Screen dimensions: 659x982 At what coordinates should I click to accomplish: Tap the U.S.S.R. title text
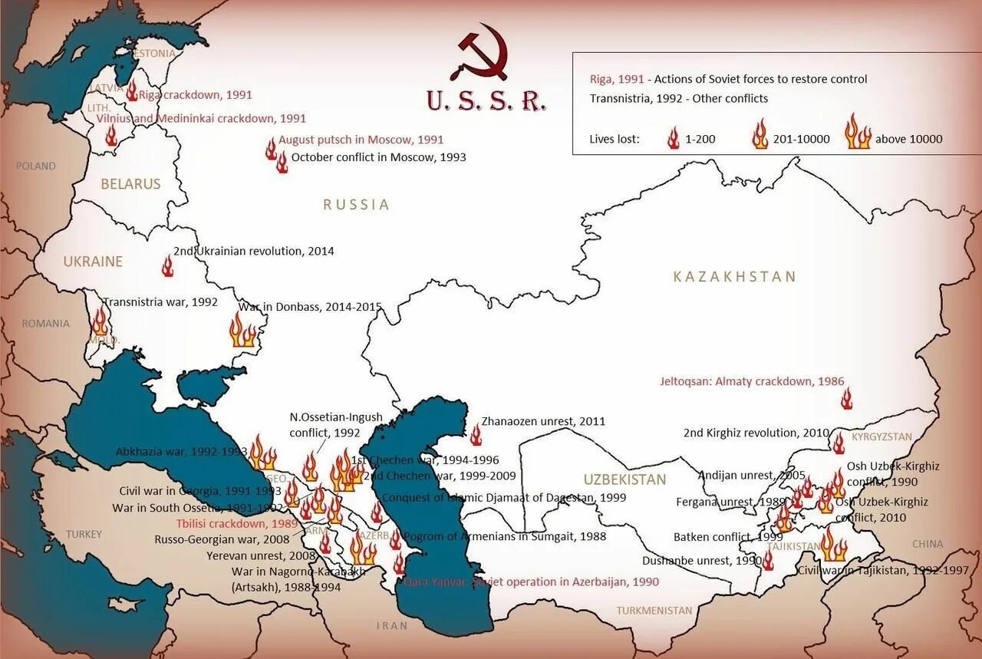coord(486,100)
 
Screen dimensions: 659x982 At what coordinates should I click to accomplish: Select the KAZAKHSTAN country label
coord(734,276)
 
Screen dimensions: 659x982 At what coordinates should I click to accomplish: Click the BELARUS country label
coord(130,184)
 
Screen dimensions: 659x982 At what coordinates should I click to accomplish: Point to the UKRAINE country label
coord(93,262)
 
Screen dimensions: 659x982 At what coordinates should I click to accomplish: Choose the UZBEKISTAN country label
coord(624,479)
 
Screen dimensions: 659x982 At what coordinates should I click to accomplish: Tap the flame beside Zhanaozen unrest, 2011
coord(476,435)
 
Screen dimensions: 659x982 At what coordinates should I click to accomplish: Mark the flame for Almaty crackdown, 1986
coord(846,398)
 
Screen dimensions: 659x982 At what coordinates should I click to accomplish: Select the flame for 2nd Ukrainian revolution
coord(167,266)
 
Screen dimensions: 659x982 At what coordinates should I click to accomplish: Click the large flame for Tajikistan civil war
coord(832,545)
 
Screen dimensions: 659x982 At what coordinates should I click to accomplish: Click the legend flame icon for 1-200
coord(673,138)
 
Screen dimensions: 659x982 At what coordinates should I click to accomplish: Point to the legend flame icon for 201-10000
coord(760,134)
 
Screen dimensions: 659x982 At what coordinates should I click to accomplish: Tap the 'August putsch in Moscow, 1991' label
coord(361,140)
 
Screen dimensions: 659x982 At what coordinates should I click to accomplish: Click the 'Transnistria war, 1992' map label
coord(160,301)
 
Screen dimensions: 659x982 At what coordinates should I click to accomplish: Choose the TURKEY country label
coord(84,534)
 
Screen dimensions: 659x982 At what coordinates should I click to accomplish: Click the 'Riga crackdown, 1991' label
coord(195,95)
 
